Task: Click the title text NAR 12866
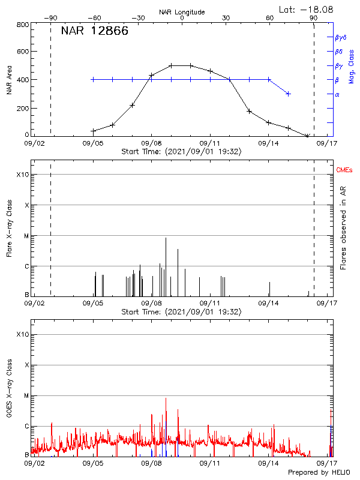94,31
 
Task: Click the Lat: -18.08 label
307,9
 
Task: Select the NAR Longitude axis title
182,12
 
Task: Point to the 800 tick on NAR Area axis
23,25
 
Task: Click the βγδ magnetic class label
340,37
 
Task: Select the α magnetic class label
337,94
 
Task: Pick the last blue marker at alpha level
289,94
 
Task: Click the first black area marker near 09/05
93,131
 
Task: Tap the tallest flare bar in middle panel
166,266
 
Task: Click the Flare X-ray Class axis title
9,232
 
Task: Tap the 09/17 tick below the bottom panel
328,463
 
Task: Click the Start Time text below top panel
181,152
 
